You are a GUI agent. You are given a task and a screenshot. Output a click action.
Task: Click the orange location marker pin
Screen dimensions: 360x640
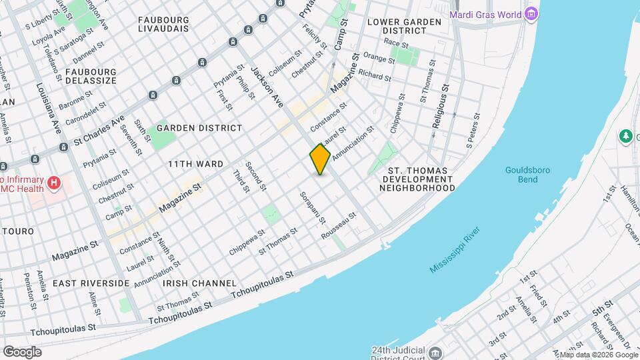[321, 159]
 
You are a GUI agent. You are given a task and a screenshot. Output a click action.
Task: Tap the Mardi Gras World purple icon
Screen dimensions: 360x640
[531, 14]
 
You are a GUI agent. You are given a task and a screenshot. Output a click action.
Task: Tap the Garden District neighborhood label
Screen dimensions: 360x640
[199, 128]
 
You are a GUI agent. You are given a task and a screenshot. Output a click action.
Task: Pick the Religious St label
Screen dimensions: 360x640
[440, 105]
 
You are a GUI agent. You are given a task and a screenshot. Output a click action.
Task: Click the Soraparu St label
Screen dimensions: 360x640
[313, 207]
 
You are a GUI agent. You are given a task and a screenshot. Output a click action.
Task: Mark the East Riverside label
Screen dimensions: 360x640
[91, 283]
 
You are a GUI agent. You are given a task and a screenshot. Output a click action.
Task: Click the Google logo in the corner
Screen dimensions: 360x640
[22, 351]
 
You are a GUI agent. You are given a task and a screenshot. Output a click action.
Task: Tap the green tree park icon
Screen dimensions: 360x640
[625, 137]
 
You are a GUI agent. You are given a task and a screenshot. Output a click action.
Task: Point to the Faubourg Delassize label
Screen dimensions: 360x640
[91, 76]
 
